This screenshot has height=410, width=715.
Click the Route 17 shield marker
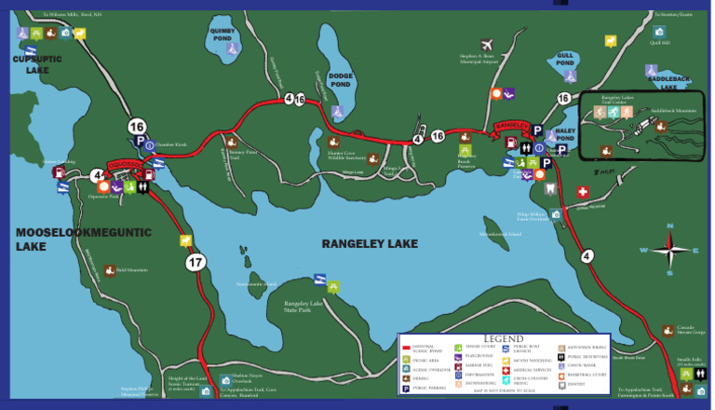point(196,263)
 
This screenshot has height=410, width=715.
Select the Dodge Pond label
point(341,81)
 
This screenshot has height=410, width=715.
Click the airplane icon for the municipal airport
point(486,44)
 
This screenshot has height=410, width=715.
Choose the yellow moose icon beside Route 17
point(185,240)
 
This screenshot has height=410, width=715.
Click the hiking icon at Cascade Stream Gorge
point(668,330)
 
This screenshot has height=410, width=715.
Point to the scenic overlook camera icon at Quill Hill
point(658,32)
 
